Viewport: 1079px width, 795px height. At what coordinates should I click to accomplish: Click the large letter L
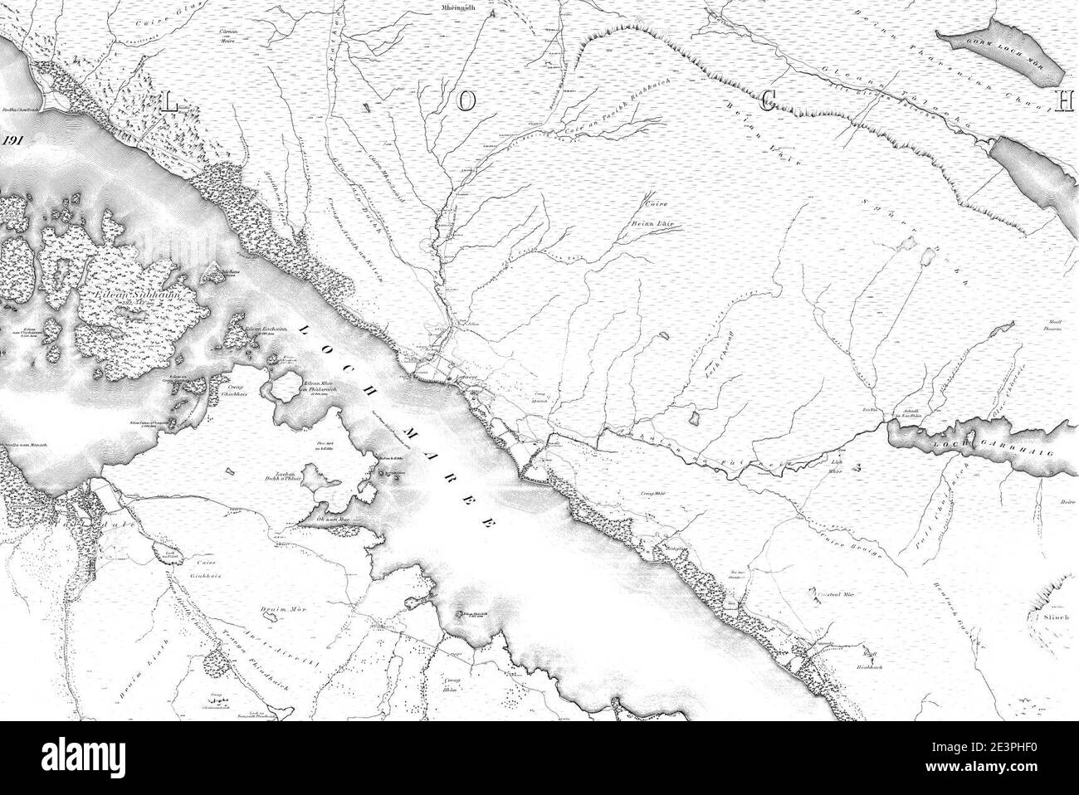point(169,103)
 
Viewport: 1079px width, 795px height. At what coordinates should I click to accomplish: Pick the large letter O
point(466,101)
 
